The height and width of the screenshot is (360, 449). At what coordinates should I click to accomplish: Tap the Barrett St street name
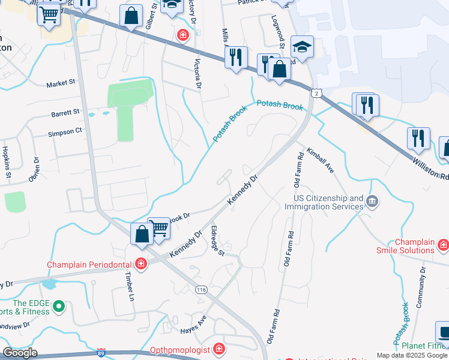65,112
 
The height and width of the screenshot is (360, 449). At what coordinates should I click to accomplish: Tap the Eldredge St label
217,240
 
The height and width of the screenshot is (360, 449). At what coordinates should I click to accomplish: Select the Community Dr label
421,289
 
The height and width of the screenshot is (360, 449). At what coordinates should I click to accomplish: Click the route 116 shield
202,290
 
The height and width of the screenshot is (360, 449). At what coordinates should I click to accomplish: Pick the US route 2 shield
316,92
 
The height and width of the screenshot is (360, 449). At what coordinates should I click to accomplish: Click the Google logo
20,352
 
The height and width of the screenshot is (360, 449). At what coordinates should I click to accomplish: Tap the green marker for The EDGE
59,308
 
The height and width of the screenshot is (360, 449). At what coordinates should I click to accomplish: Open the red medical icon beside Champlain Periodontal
140,264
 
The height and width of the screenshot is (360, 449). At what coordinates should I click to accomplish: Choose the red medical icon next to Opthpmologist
220,349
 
